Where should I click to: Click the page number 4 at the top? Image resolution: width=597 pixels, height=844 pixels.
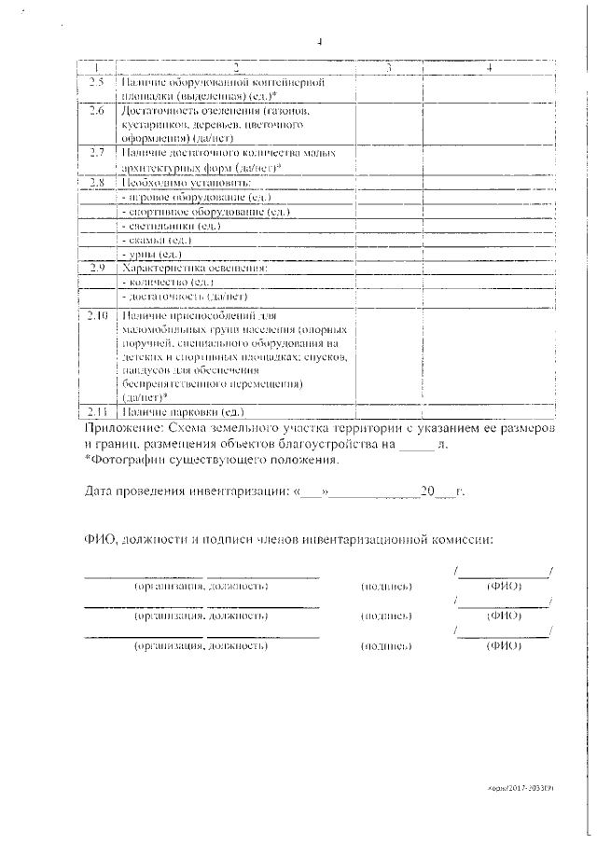pos(319,42)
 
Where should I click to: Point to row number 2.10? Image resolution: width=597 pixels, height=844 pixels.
pos(97,317)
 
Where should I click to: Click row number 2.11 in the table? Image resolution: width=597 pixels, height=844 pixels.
pos(97,411)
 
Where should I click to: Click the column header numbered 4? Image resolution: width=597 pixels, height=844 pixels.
pos(489,69)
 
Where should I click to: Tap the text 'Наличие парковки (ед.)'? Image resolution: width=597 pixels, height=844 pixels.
pos(182,411)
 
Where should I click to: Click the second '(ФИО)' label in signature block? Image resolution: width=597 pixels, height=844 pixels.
pos(504,616)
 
